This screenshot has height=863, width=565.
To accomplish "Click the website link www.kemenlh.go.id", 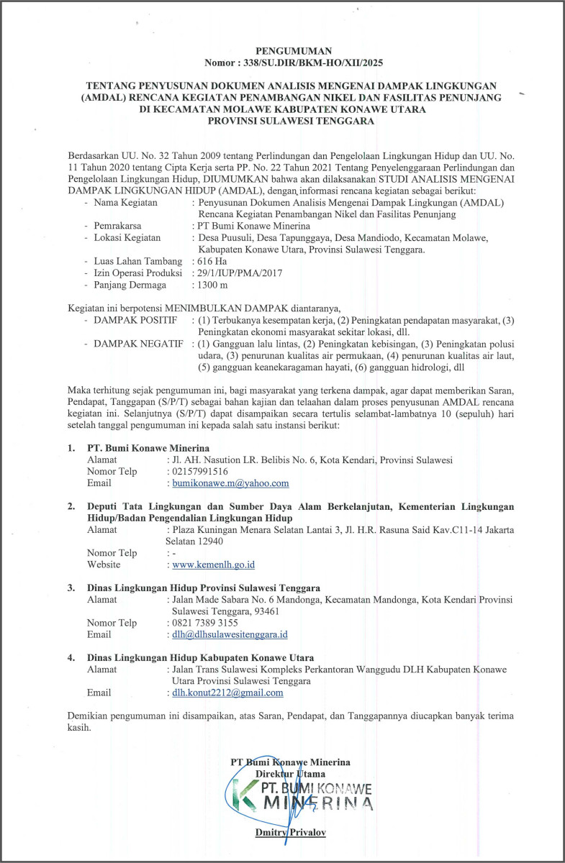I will coord(214,565).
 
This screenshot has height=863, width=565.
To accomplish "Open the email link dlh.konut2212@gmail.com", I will coord(227,693).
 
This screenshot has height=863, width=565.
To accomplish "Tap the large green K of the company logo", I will coord(246,798).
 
